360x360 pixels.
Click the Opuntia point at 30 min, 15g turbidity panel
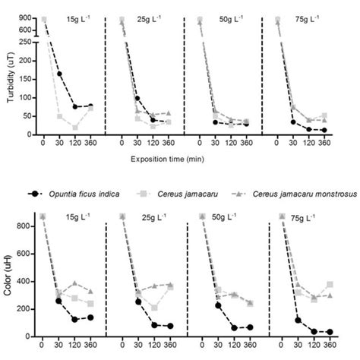60,74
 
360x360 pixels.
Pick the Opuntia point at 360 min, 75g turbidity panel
324,130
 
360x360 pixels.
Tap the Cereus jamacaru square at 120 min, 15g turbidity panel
75,127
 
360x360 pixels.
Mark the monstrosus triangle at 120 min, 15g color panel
75,283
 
